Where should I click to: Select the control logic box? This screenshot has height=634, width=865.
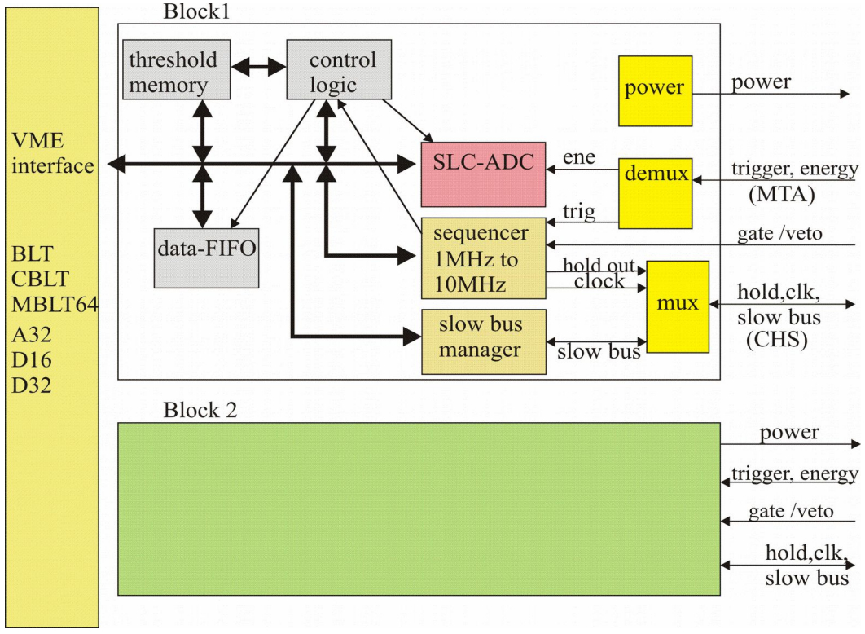click(338, 71)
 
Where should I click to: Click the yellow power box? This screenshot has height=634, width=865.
click(655, 90)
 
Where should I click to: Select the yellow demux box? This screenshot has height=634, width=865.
click(655, 192)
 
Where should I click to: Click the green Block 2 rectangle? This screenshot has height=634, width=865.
click(418, 509)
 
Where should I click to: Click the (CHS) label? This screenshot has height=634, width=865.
click(775, 341)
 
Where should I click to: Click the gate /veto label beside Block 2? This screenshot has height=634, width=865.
click(791, 512)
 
